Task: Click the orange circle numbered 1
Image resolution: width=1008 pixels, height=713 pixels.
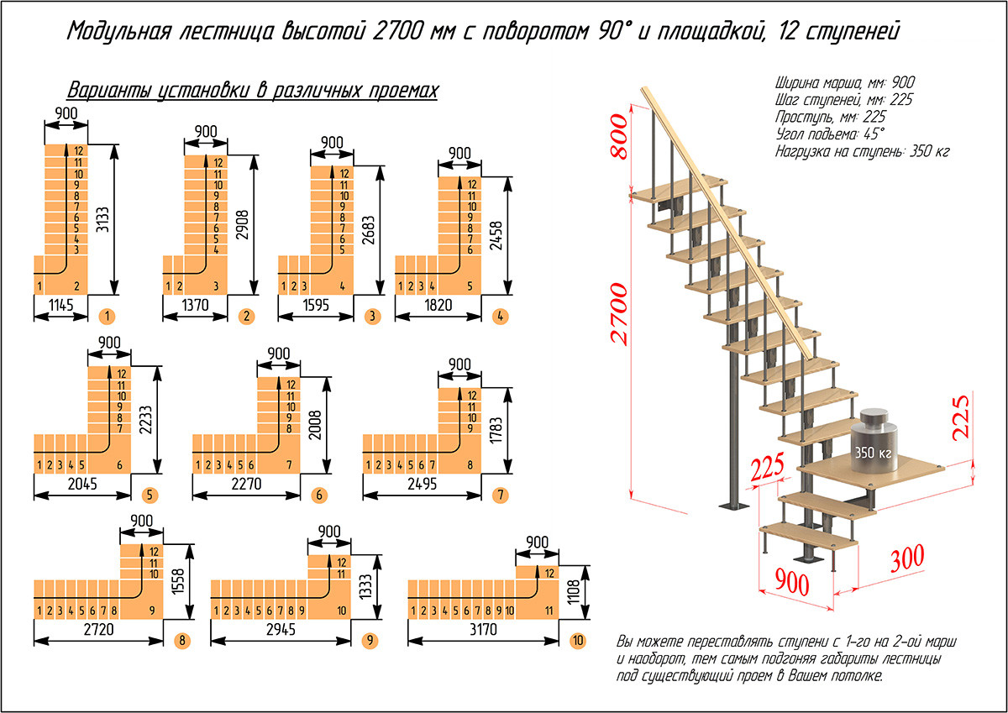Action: (106, 317)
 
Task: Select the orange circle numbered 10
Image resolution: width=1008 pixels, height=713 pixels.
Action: (577, 642)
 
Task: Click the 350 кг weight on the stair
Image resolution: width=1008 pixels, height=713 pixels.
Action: (874, 452)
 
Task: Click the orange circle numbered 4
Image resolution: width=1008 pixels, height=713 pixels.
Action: (501, 317)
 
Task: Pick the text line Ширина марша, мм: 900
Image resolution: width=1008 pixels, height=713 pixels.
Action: (843, 82)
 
